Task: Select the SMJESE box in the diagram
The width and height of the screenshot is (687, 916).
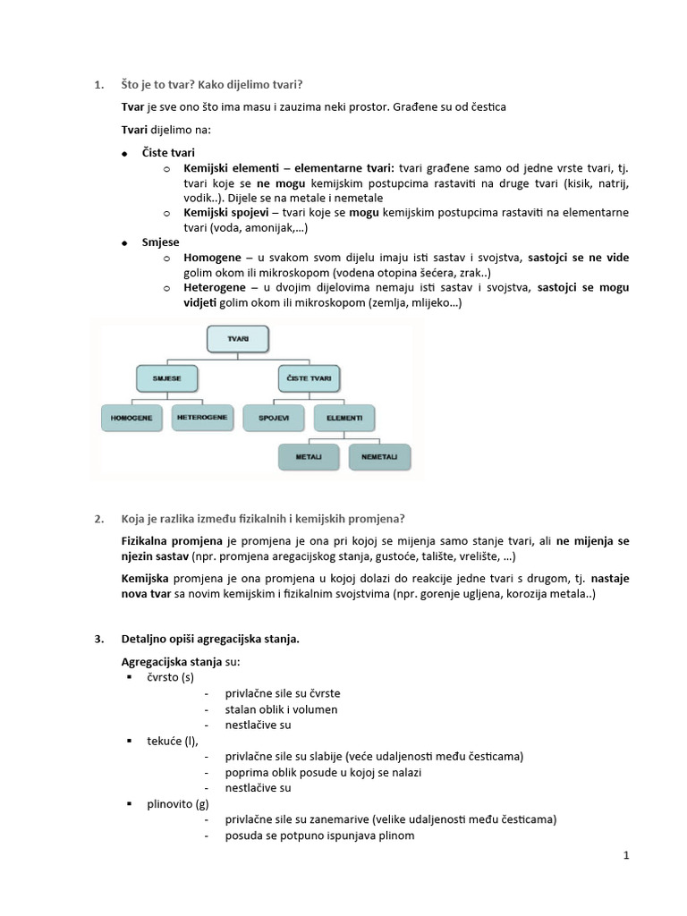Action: (166, 379)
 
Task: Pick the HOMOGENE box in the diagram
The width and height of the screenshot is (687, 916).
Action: (131, 418)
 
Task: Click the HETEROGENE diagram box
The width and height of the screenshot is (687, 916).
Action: (202, 418)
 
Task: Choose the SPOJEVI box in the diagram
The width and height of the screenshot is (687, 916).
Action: (274, 418)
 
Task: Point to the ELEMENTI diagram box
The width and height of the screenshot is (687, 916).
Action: (344, 418)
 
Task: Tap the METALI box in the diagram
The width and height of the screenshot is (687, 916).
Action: (308, 456)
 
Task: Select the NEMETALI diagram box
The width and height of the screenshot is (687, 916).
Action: (380, 456)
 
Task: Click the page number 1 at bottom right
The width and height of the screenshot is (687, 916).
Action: (627, 856)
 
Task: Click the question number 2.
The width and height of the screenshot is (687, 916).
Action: (98, 520)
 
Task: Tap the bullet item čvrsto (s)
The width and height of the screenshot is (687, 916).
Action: (170, 677)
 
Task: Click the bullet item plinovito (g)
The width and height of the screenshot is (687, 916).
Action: (178, 804)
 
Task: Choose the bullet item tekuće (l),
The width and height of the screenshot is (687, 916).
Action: (174, 741)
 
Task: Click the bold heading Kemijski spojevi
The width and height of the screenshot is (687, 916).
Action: (227, 213)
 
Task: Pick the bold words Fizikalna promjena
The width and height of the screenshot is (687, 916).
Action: (173, 541)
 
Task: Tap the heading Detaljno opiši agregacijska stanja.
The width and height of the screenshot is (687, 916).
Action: (210, 639)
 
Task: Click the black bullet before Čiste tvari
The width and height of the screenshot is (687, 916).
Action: (125, 155)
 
